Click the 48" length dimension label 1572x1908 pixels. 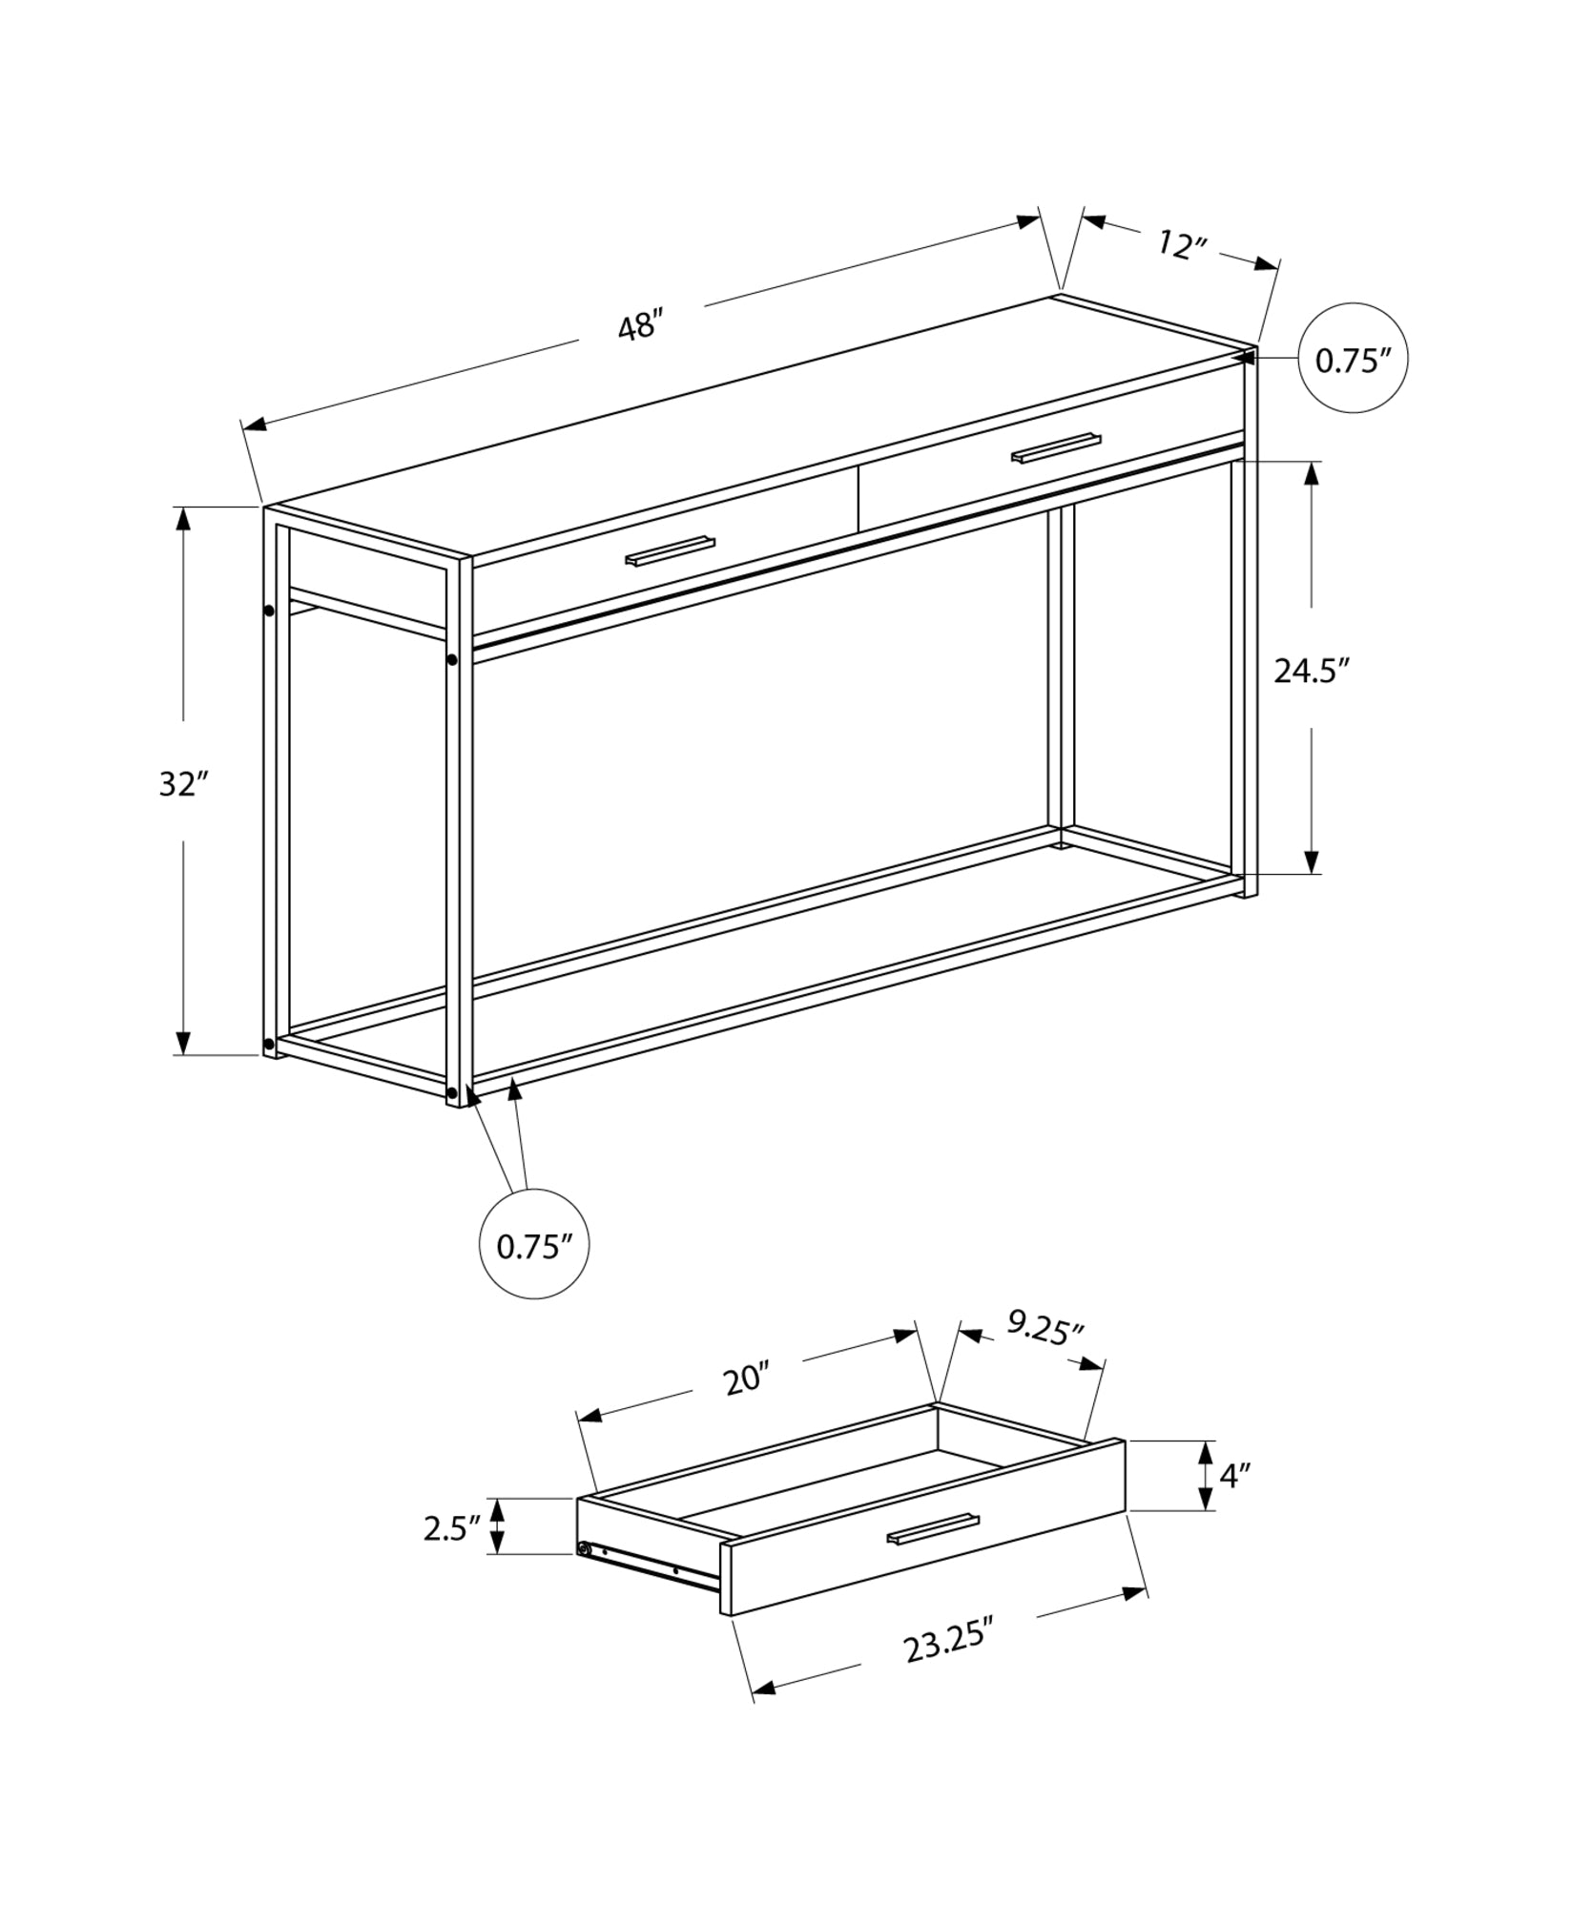[x=639, y=326]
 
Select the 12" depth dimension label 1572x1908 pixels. [x=1182, y=245]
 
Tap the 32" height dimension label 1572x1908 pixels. [x=183, y=783]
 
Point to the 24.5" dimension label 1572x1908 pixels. [x=1313, y=671]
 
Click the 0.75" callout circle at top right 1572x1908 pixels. [x=1353, y=360]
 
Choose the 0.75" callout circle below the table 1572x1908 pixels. [x=533, y=1245]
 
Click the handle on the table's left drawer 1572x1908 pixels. [x=670, y=551]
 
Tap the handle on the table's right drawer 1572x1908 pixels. [x=1056, y=447]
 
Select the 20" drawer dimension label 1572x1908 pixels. [x=747, y=1379]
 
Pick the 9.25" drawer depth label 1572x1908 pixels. [x=1045, y=1329]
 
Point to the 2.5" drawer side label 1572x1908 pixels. [x=451, y=1528]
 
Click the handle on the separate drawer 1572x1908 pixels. [x=933, y=1528]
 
